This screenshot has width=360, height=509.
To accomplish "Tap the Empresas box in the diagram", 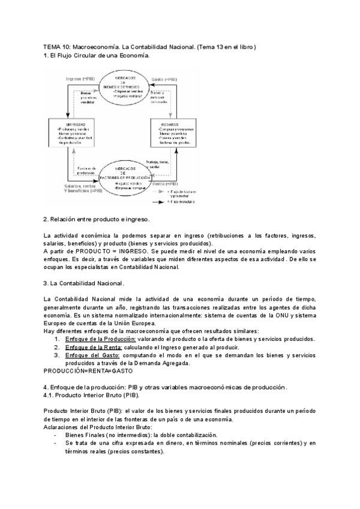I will [x=71, y=135].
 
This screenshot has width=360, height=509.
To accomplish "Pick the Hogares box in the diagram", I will [x=174, y=135].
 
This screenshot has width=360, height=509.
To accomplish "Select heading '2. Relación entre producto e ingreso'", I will [x=96, y=219].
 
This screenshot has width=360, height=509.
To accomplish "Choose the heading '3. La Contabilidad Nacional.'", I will [x=84, y=283].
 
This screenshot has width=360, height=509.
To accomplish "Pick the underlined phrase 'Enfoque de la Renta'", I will [x=94, y=347].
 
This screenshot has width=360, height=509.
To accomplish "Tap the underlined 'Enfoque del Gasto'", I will [x=92, y=355].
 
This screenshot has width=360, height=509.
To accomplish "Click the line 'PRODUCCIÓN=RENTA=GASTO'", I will [x=88, y=371].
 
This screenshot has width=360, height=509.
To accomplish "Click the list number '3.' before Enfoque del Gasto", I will [x=56, y=355].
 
